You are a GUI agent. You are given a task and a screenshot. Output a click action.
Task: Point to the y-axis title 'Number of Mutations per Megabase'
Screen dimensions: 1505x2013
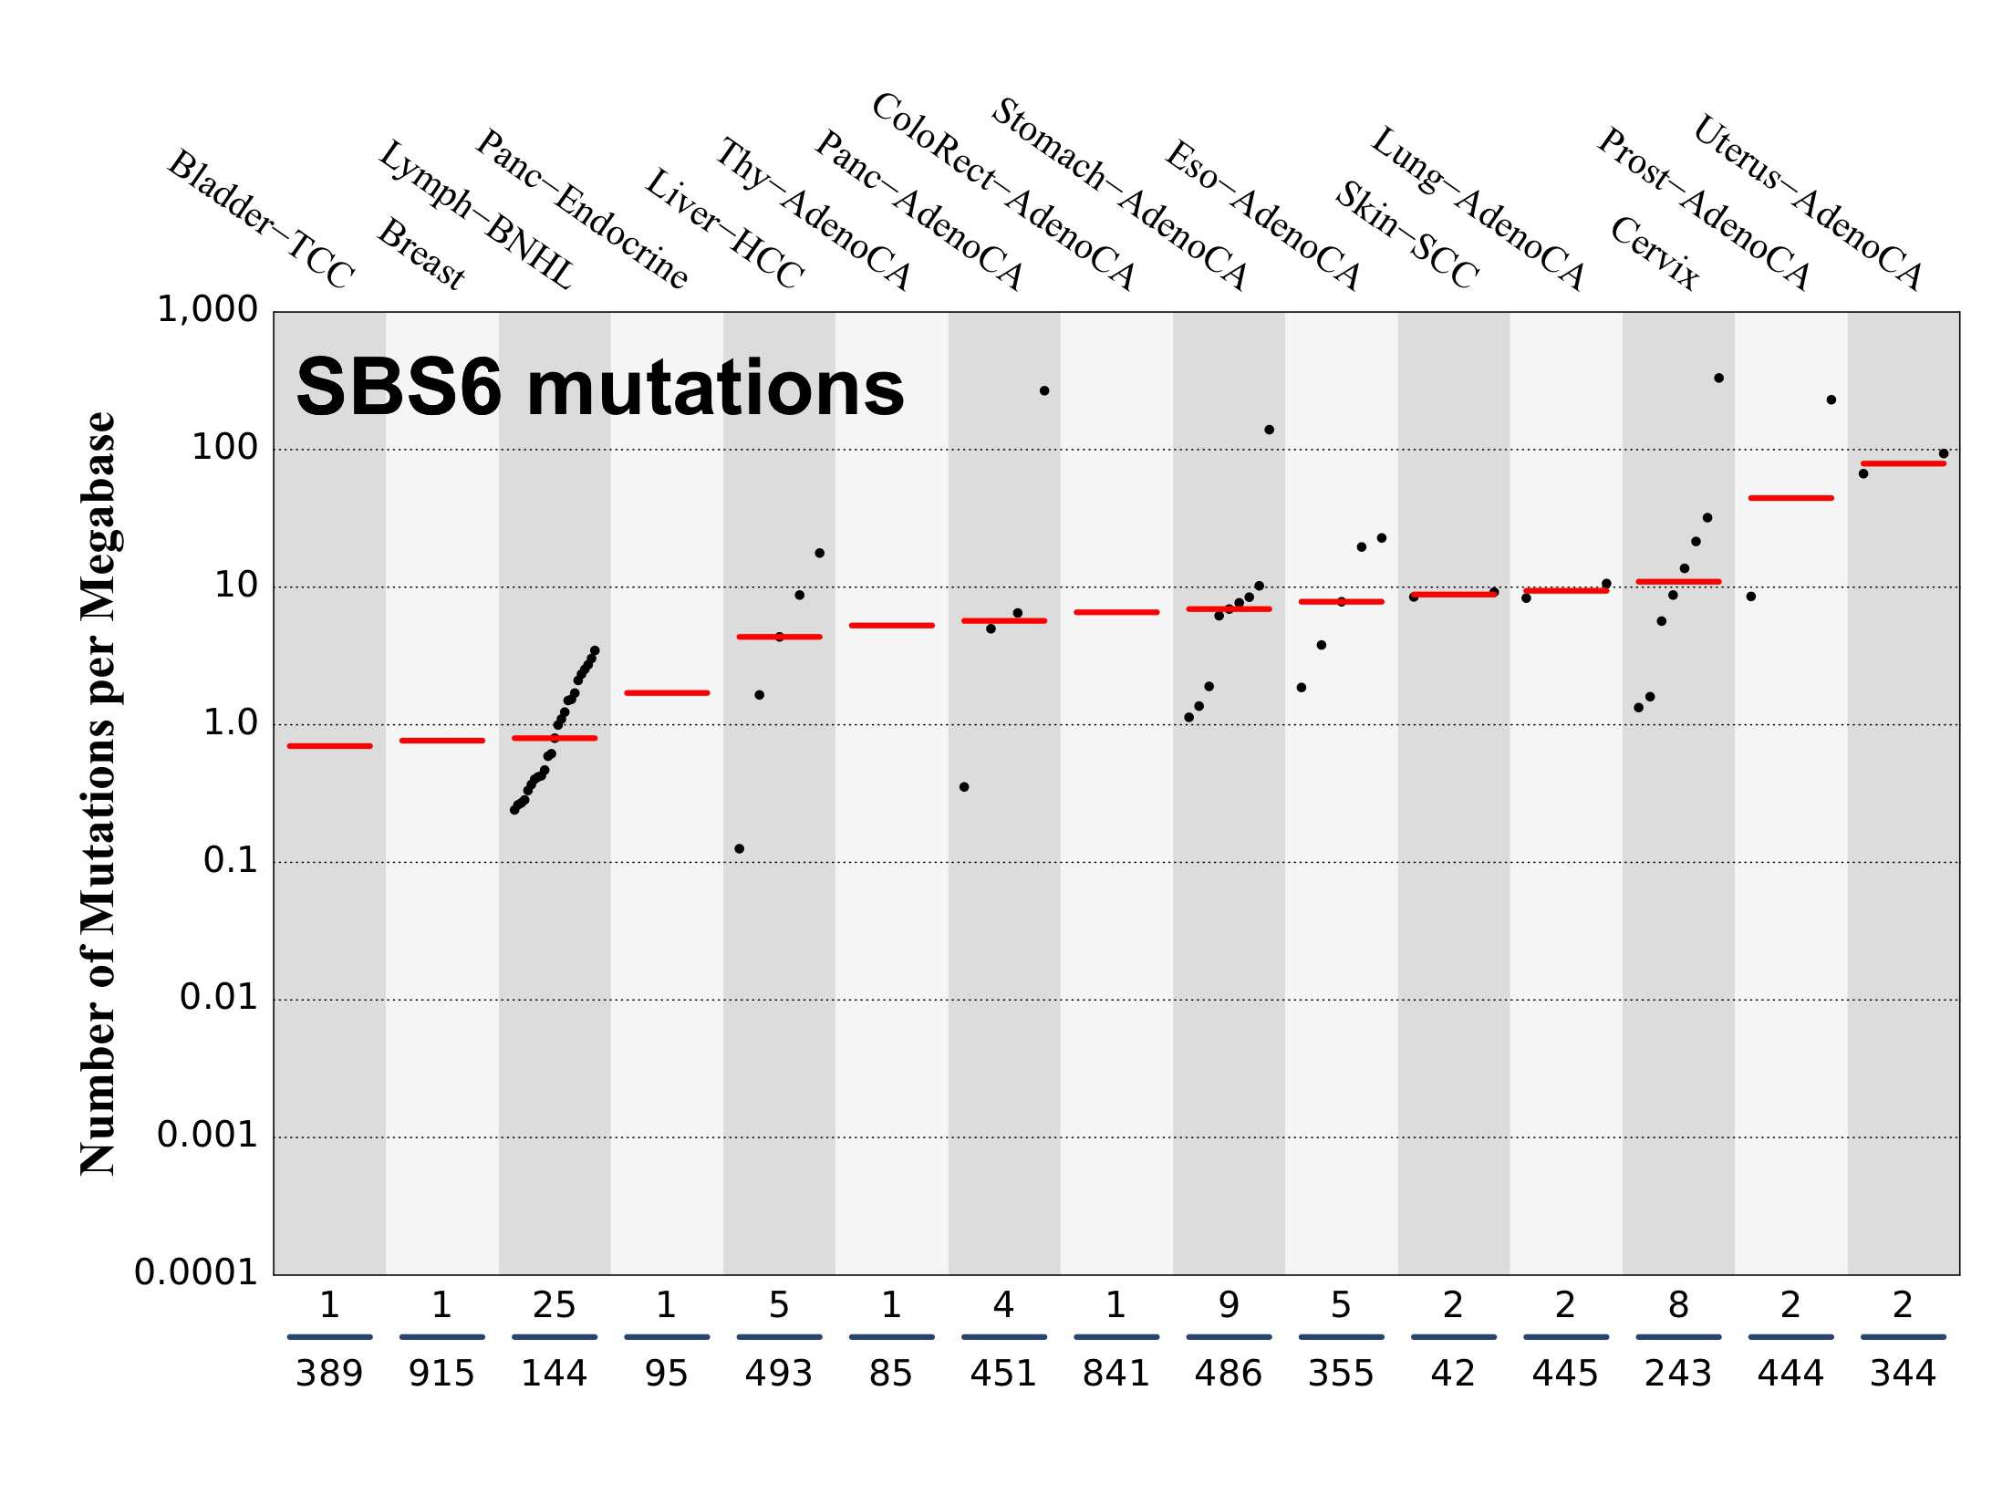pos(99,794)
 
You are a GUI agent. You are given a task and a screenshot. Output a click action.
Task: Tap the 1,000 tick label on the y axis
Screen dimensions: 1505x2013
pos(208,310)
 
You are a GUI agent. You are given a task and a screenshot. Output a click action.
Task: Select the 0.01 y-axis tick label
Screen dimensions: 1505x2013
pos(219,998)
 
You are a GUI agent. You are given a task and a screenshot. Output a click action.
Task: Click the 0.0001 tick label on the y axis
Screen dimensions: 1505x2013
pos(197,1272)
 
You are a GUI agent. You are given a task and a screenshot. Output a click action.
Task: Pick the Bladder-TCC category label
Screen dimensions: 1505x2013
pos(261,220)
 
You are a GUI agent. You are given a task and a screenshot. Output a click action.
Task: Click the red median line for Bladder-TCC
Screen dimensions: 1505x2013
pos(329,746)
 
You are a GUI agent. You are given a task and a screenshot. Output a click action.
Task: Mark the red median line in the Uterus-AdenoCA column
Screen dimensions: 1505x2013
pos(1904,463)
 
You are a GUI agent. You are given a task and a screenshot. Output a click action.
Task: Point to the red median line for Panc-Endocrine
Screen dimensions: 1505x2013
pos(667,693)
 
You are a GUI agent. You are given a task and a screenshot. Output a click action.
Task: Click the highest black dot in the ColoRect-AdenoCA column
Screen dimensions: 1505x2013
pos(1044,391)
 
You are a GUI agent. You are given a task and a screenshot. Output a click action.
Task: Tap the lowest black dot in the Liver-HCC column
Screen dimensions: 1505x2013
pos(740,849)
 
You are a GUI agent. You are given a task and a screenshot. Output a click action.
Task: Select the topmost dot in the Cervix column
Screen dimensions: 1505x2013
pos(1719,379)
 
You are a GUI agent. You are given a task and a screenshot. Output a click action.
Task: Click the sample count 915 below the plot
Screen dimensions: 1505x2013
pos(441,1374)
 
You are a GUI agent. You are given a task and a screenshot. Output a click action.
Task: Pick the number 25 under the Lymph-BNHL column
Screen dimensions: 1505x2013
pos(554,1306)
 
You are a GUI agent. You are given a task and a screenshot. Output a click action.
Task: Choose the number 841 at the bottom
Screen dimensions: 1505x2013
pos(1115,1374)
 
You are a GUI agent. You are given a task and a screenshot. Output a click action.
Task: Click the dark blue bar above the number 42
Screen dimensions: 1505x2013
pos(1453,1337)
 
